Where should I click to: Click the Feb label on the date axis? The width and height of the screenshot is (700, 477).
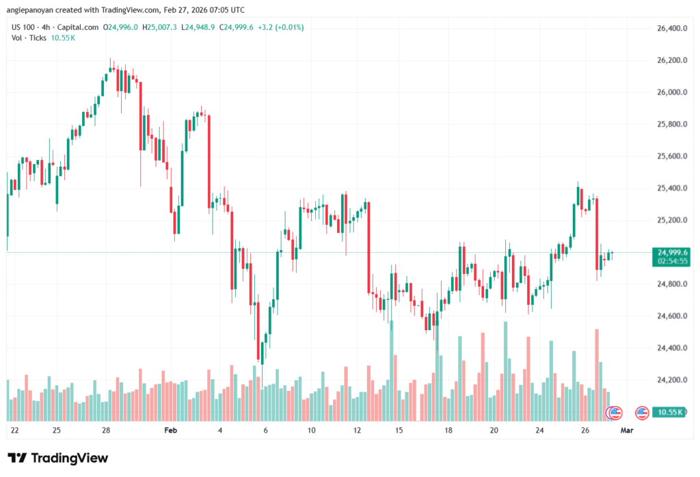pyautogui.click(x=171, y=431)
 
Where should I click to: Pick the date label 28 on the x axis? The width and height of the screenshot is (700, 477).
pyautogui.click(x=106, y=431)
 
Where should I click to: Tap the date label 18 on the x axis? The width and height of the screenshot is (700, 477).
pyautogui.click(x=448, y=431)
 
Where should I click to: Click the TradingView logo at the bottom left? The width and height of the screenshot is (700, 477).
pyautogui.click(x=57, y=458)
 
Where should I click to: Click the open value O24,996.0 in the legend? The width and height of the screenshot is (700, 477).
pyautogui.click(x=121, y=27)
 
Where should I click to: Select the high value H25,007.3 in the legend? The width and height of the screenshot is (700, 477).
pyautogui.click(x=159, y=27)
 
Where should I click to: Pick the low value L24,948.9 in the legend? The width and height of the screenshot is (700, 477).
pyautogui.click(x=198, y=27)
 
